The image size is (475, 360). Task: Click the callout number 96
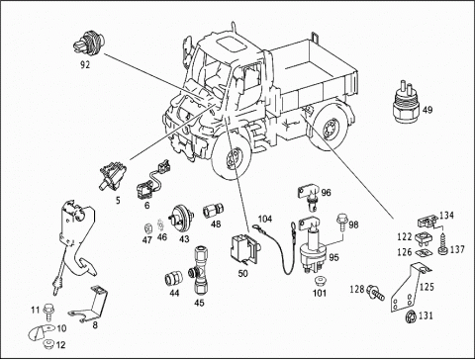tap(327, 193)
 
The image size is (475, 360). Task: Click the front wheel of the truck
tap(237, 161)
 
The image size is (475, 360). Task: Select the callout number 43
tap(184, 239)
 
